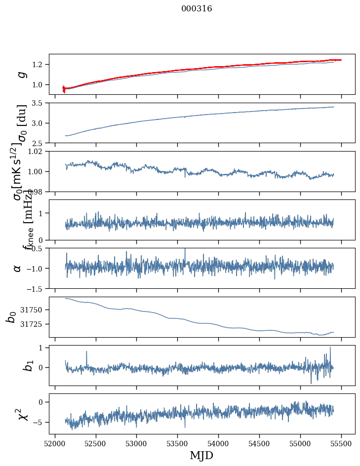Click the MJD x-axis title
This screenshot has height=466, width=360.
[201, 455]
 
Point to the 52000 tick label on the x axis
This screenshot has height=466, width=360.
[55, 444]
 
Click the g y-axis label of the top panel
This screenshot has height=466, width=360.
[21, 74]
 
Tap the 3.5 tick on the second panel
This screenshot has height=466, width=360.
[39, 103]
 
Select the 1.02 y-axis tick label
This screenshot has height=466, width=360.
[37, 152]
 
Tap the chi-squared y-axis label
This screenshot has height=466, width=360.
[21, 414]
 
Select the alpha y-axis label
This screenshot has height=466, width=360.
[18, 268]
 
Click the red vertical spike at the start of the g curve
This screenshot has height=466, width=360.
[64, 89]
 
